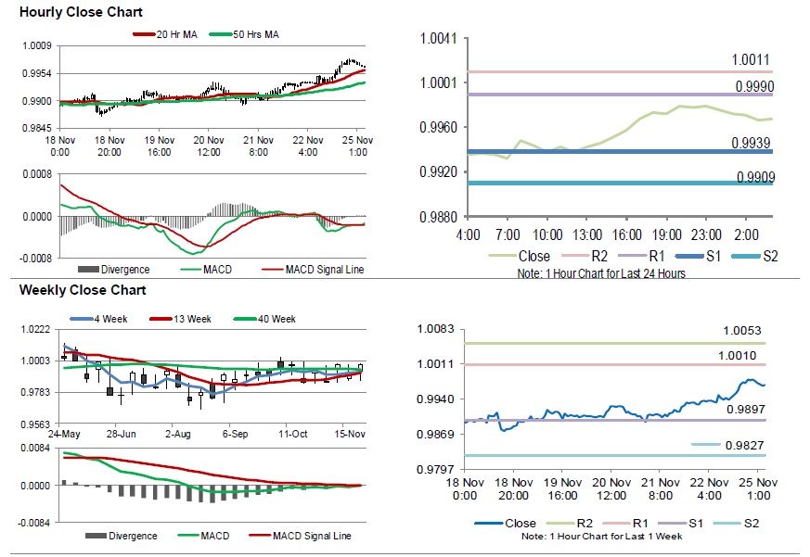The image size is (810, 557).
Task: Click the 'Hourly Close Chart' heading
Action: (81, 12)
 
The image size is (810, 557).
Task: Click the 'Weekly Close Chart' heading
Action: (83, 290)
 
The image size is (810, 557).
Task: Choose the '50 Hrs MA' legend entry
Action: (251, 34)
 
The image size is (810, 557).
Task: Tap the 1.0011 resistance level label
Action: (751, 60)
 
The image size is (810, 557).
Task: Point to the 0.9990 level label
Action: (754, 86)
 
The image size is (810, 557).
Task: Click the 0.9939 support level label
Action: (754, 142)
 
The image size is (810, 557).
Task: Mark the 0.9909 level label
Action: (754, 177)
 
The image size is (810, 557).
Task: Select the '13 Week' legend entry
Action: (190, 319)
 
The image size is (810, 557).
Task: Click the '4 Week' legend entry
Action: (109, 319)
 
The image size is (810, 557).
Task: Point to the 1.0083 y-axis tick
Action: (435, 329)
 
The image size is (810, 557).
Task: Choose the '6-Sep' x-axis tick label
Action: (233, 433)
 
